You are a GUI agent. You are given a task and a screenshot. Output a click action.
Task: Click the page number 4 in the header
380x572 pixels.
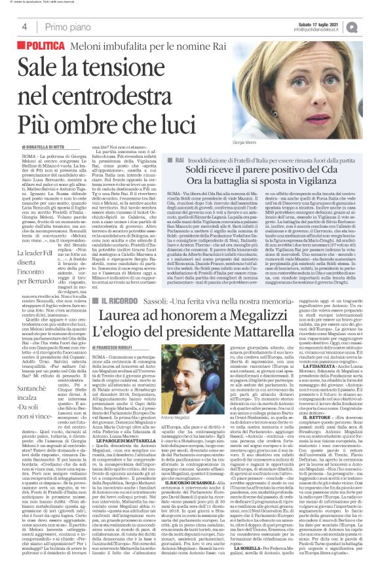click(x=24, y=27)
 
